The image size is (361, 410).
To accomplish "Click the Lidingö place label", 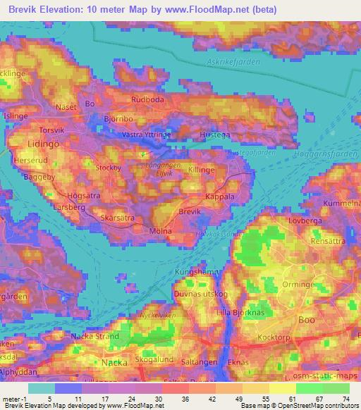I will click(25, 144).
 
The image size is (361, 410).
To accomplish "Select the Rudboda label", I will click(148, 99).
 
